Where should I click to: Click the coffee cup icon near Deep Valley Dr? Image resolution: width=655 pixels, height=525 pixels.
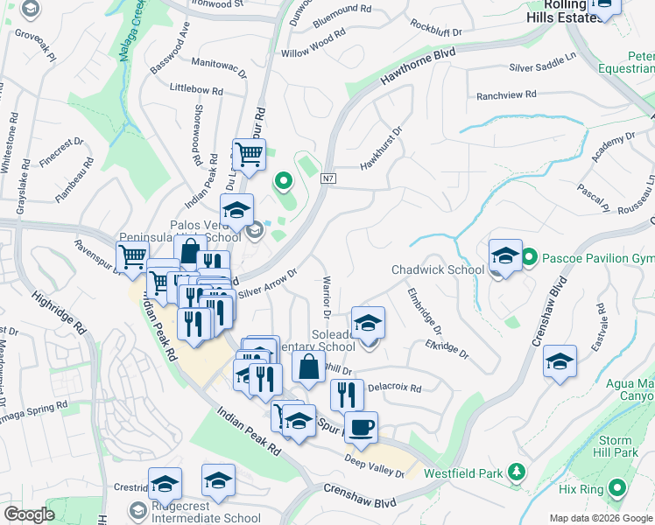361,428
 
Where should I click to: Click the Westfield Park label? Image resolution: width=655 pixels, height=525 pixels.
463,473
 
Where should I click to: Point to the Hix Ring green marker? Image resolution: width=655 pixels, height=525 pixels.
617,487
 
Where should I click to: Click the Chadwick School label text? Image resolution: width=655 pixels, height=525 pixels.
438,269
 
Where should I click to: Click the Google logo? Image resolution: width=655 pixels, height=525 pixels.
29,514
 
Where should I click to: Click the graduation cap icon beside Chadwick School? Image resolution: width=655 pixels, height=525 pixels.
505,255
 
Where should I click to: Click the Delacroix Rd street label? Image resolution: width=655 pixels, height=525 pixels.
395,388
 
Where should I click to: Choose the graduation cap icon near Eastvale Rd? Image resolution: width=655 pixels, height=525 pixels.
560,361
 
